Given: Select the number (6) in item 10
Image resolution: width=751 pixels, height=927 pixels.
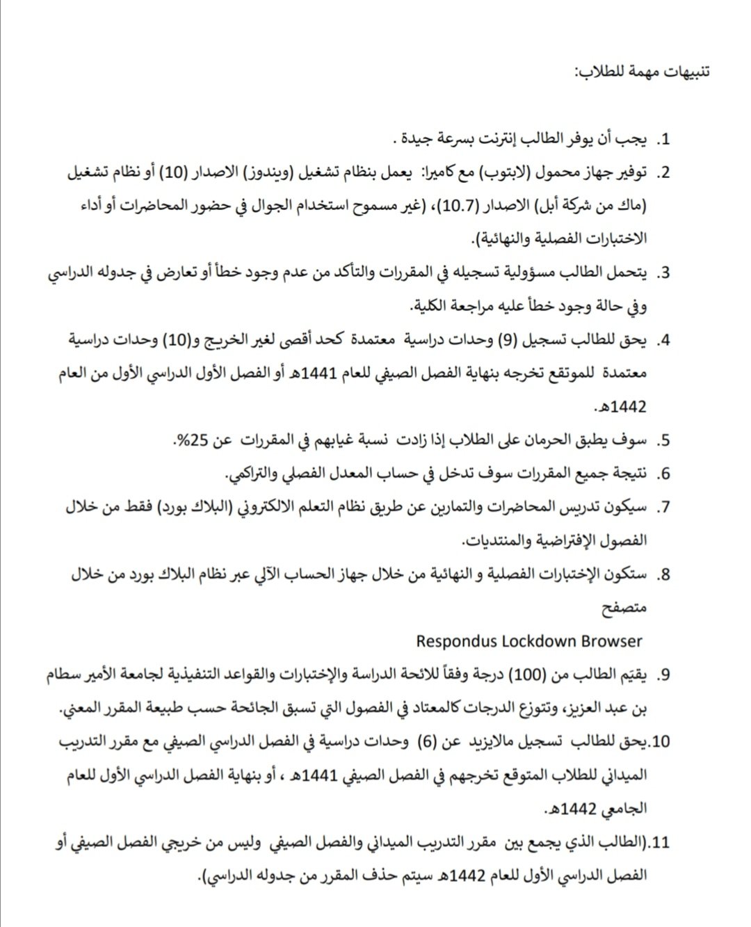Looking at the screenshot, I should point(426,742).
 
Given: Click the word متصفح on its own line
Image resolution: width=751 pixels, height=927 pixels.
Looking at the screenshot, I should point(624,608).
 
